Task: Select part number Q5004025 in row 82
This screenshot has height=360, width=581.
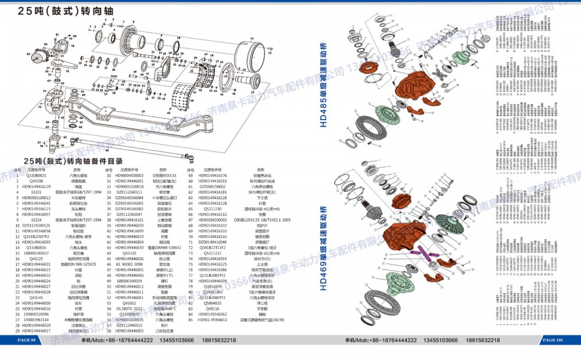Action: coord(213,303)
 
